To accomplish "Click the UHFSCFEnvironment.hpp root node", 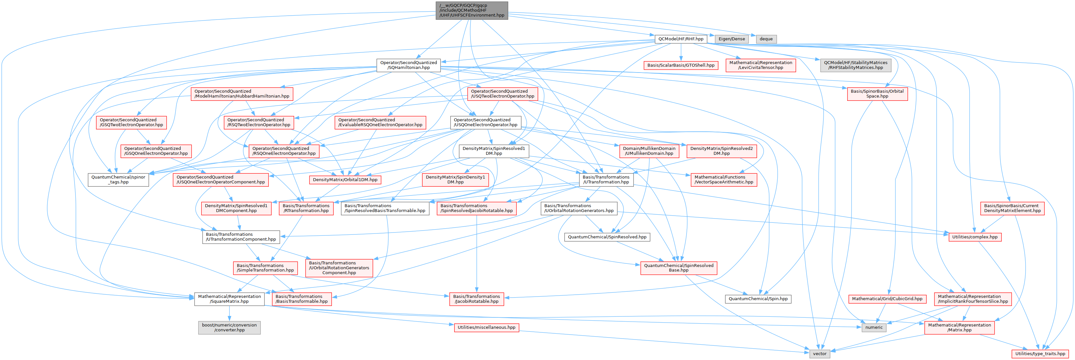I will [x=471, y=10].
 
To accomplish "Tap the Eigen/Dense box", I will [x=731, y=39].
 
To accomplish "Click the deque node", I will [x=766, y=39].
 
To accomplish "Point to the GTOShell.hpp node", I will [x=681, y=65].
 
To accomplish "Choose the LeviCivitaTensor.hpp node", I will [x=760, y=65].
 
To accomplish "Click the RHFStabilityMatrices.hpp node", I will [x=855, y=65].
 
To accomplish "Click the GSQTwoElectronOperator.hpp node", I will [x=131, y=122].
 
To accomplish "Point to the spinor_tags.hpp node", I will [x=118, y=180].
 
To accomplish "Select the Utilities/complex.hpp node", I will [x=974, y=237].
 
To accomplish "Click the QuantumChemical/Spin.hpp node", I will [x=758, y=299].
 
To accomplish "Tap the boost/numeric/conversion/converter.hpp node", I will [x=229, y=327].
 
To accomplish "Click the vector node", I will [x=819, y=354].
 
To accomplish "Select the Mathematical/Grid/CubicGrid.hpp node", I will [x=887, y=299].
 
